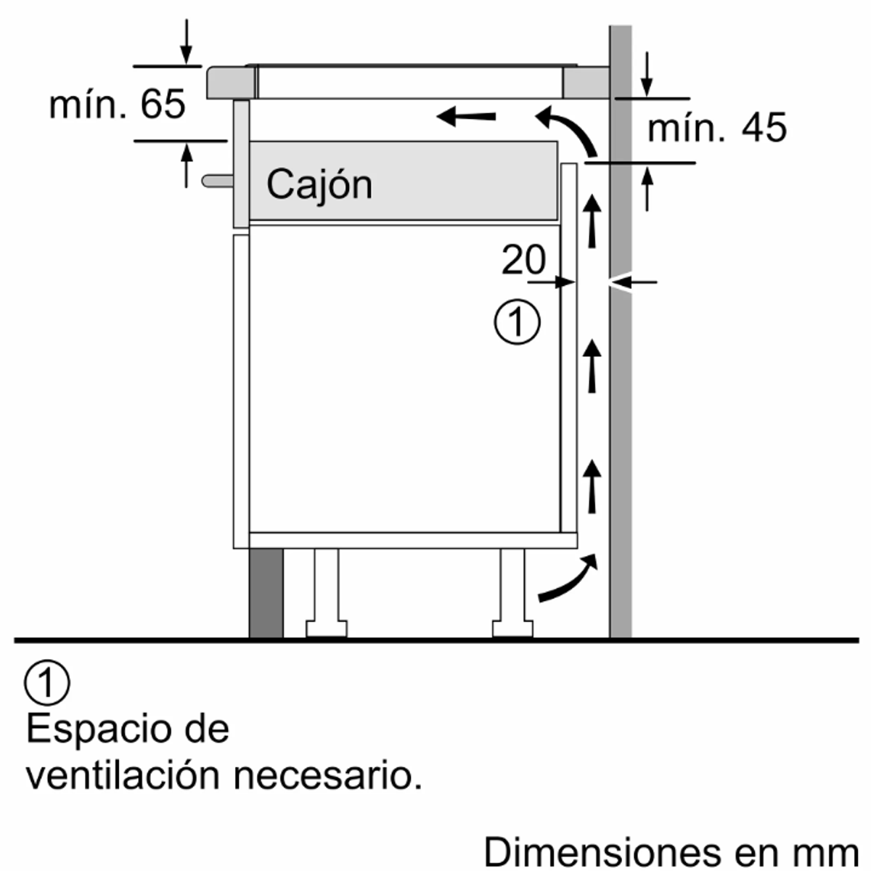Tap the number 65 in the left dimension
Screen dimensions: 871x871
(x=163, y=104)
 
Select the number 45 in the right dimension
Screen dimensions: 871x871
(x=764, y=128)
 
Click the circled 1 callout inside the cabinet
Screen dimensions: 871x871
(x=517, y=322)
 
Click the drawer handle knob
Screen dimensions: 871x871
(x=218, y=181)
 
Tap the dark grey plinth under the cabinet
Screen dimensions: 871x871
(x=266, y=592)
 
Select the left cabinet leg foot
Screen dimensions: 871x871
(x=327, y=629)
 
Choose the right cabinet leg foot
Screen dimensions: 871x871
(x=512, y=629)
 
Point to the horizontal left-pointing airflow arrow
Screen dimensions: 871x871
(x=466, y=117)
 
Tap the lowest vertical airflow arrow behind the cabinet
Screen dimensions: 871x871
(x=592, y=486)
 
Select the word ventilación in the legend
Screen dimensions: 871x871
(x=123, y=776)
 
